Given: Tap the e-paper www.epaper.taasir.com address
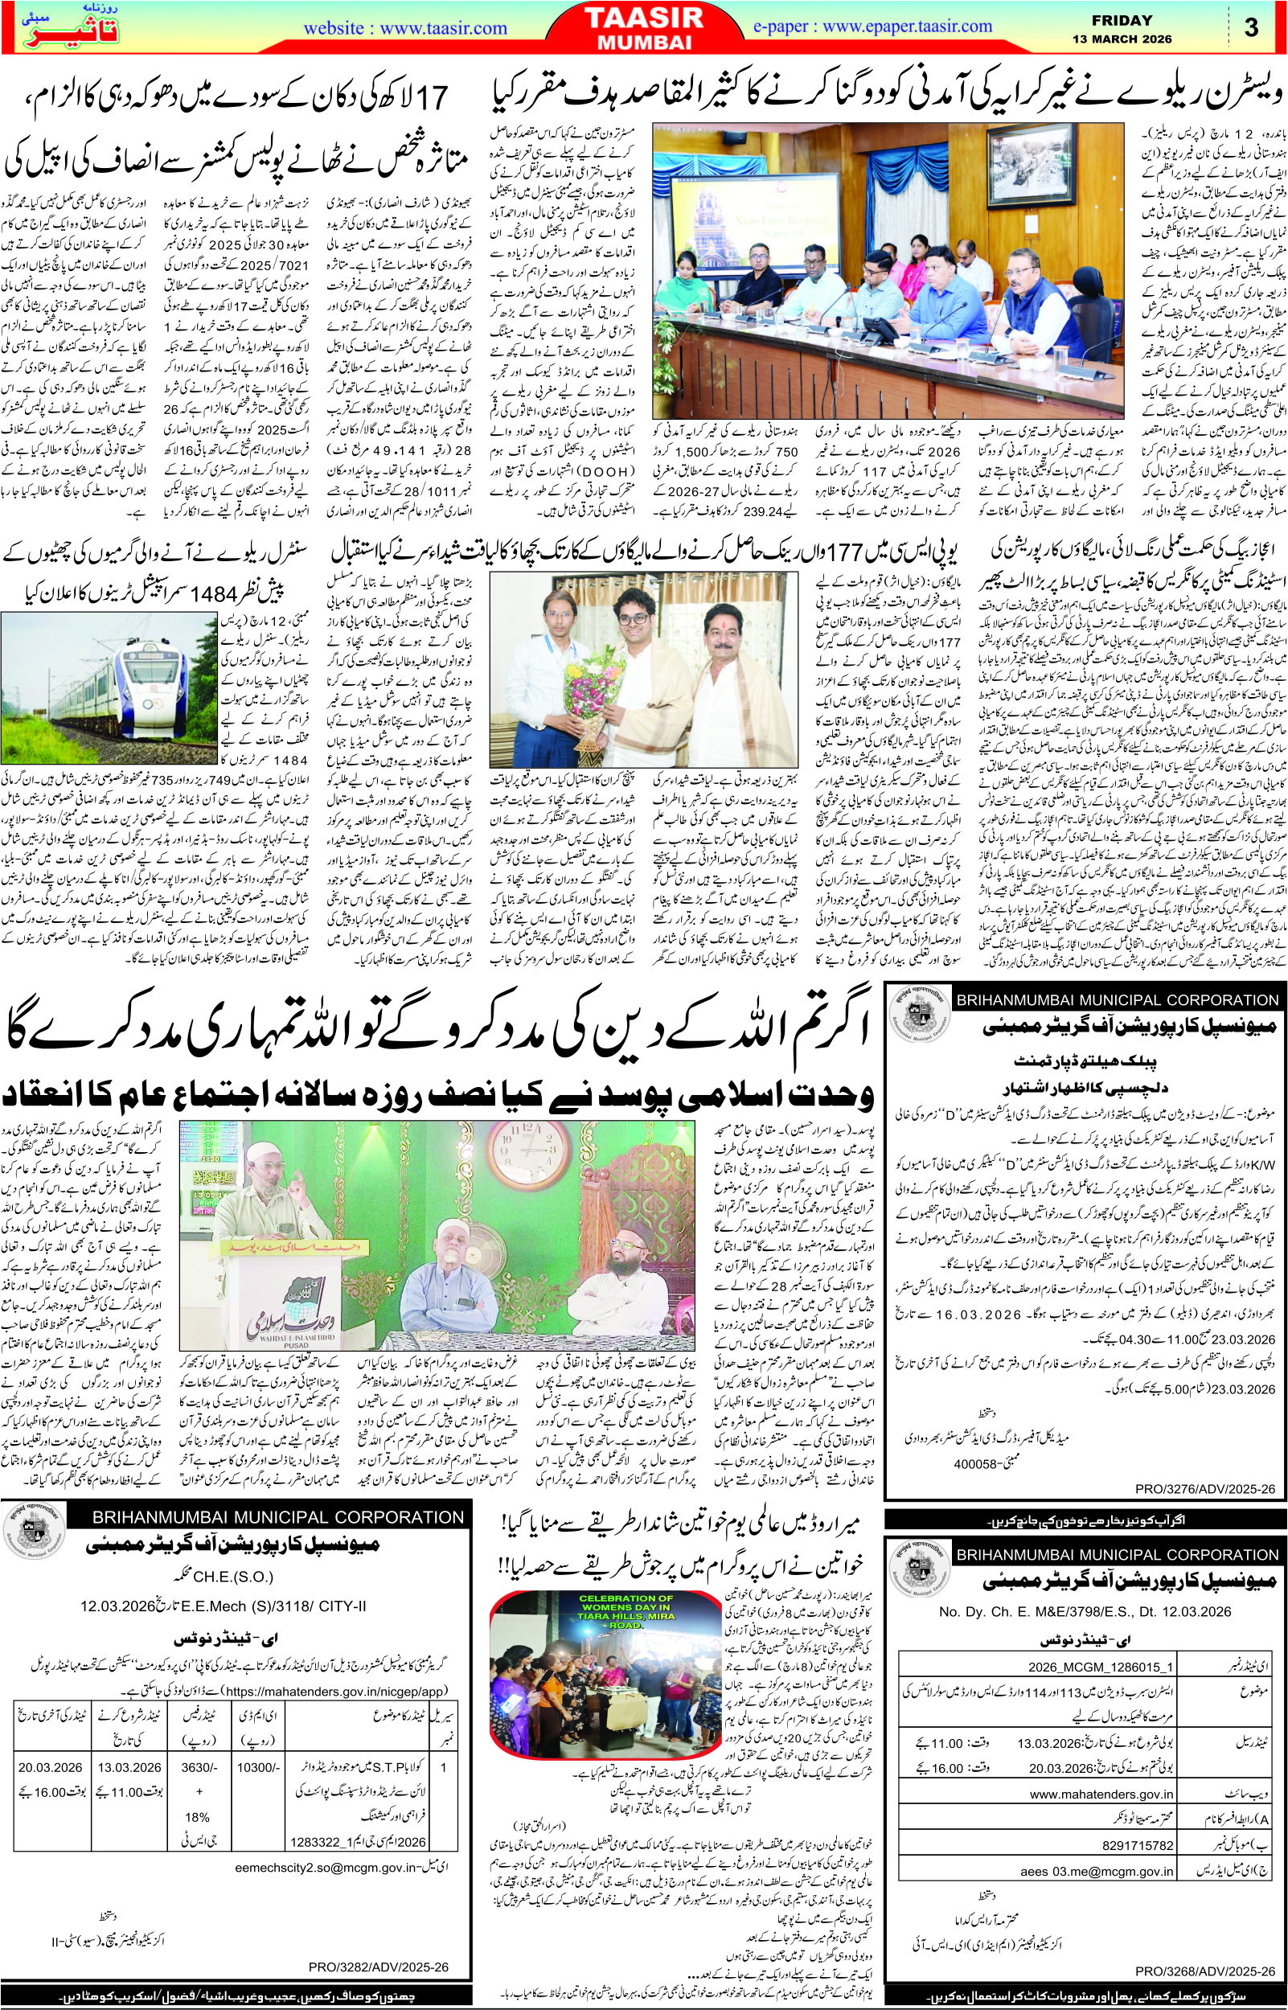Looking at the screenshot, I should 872,26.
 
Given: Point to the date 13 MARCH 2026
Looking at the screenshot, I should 1122,39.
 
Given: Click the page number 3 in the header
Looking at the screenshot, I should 1250,27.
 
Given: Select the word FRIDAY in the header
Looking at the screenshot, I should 1122,20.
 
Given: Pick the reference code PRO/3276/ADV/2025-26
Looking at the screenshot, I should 1204,1488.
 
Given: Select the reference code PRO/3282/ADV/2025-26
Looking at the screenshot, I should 378,1967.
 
